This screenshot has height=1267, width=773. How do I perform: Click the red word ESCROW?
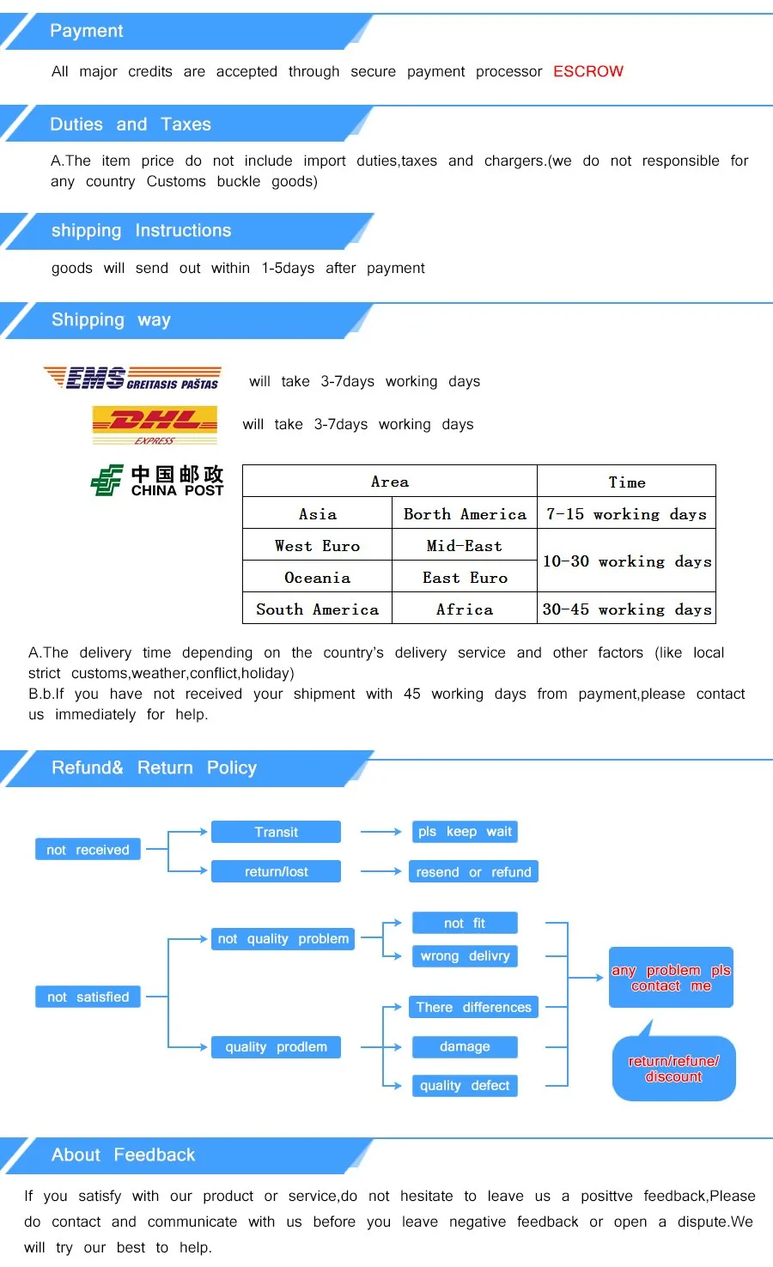pos(588,71)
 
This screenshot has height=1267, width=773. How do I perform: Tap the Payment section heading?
pos(87,31)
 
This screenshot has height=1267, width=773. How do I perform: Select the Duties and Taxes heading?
pos(131,124)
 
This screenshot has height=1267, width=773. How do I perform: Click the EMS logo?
pos(132,378)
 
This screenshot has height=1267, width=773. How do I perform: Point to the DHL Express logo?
pos(155,425)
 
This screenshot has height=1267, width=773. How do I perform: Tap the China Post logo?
pos(157,481)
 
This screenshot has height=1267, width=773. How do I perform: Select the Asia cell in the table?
pos(317,514)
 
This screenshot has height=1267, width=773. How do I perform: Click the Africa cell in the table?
pos(464,609)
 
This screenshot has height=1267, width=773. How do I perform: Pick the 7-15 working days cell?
pos(626,514)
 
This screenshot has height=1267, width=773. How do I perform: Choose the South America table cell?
pos(317,609)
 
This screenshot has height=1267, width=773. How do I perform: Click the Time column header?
pos(626,482)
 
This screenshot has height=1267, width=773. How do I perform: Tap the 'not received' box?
pos(88,850)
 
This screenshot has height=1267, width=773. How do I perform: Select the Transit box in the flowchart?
pos(276,832)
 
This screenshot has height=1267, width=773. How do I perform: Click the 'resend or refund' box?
pos(473,872)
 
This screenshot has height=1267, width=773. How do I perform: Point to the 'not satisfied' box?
pos(88,997)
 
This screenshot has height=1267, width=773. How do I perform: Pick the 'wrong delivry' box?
pos(465,956)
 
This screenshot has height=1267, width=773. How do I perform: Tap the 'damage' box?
pos(465,1047)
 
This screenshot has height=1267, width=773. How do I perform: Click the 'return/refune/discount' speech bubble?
pos(673,1069)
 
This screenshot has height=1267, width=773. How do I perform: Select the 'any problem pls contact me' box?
pos(671,978)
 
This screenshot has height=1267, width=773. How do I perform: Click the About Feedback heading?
pos(123,1155)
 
